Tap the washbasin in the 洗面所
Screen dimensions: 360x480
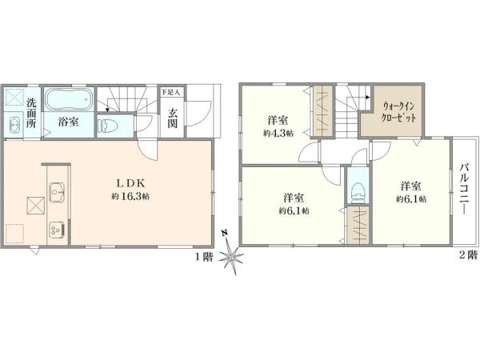tap(16, 124)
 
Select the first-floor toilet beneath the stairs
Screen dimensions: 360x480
tap(107, 125)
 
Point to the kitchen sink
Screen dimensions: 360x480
tap(57, 192)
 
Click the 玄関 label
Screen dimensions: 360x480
tap(173, 118)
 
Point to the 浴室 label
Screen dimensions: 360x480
tap(67, 122)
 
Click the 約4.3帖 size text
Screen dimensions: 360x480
tap(278, 134)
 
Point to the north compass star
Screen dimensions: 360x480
tap(232, 258)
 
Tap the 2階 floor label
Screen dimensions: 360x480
tap(466, 256)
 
